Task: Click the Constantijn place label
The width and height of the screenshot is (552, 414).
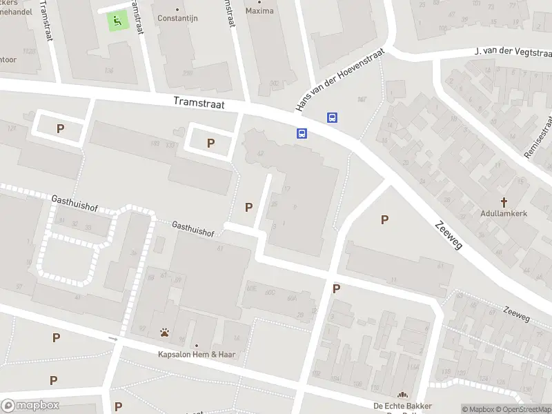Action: (x=177, y=18)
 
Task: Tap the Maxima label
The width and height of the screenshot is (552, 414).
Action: (x=259, y=11)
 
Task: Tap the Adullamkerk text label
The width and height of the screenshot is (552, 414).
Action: (x=504, y=214)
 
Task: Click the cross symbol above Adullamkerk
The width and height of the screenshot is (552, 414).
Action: (x=504, y=202)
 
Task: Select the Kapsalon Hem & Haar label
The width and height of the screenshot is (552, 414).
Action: (x=196, y=355)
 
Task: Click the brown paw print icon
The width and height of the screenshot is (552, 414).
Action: (x=165, y=333)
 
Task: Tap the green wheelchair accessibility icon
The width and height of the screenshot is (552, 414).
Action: (x=117, y=21)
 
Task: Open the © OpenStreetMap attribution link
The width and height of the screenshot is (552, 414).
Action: (x=524, y=409)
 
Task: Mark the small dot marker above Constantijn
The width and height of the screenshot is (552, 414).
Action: (x=177, y=9)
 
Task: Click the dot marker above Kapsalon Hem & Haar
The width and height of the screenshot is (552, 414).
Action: (x=196, y=346)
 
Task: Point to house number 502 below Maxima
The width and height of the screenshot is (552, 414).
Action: (x=274, y=83)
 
